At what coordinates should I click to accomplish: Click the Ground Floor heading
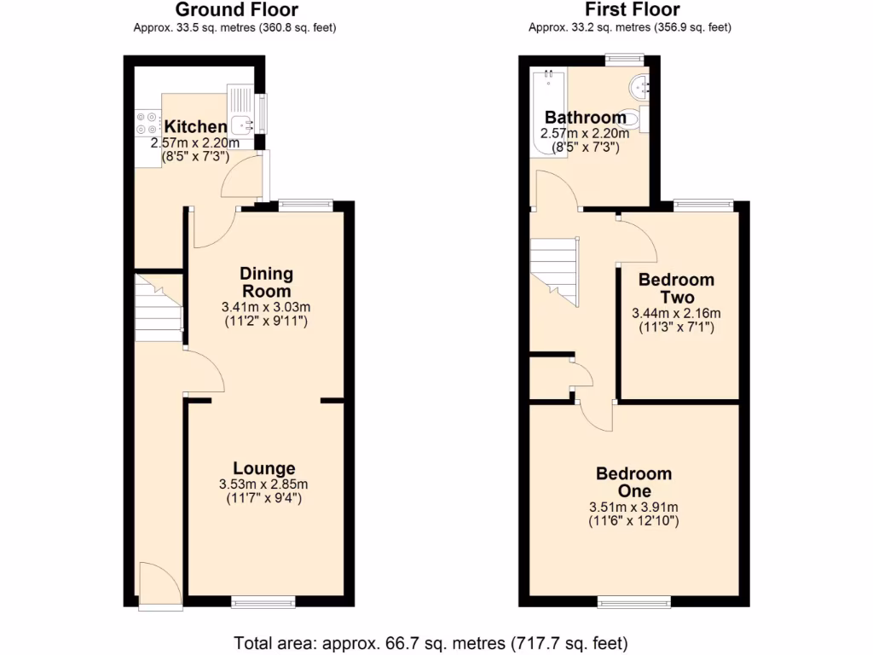point(236,10)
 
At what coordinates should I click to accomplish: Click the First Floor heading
point(632,10)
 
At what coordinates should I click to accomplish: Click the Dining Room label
point(266,282)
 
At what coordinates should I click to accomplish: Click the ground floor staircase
point(158,307)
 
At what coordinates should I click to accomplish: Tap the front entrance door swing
point(159,586)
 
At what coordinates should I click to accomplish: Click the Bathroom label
point(585,118)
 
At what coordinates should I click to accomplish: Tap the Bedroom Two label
point(676,288)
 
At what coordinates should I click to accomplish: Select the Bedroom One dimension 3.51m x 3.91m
point(633,507)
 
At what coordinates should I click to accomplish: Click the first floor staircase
point(554,269)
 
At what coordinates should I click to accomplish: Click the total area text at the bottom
point(431,642)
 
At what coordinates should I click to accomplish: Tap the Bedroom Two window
point(703,205)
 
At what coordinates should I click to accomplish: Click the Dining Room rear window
point(305,205)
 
